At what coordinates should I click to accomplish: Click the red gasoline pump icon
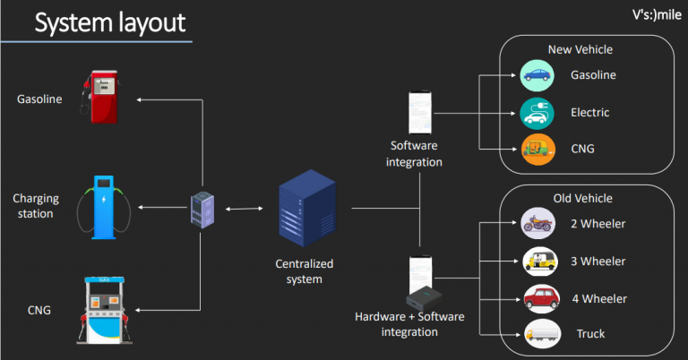click(x=100, y=97)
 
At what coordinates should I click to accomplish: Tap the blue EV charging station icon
click(x=104, y=208)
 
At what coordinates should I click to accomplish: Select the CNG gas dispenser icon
click(x=105, y=310)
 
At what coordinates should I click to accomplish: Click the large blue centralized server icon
click(x=307, y=208)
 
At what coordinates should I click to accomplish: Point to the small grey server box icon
click(x=202, y=210)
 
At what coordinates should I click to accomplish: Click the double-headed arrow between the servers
click(x=244, y=209)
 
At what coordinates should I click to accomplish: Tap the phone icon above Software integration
click(x=420, y=113)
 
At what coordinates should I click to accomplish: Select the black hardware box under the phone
click(x=424, y=298)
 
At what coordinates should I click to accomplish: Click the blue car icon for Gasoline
click(x=537, y=75)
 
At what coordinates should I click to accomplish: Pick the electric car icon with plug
click(x=537, y=113)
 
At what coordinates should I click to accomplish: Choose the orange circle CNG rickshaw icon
click(x=538, y=150)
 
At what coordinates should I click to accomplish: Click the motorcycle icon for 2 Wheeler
click(x=537, y=223)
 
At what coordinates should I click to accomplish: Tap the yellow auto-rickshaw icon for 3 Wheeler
click(x=540, y=261)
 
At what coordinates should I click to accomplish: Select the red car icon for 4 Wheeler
click(x=542, y=298)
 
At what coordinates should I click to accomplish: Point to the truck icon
click(x=543, y=334)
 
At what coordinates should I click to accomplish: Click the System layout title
click(x=110, y=22)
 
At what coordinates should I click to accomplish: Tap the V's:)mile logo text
click(x=657, y=15)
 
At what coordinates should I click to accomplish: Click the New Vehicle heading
click(x=580, y=49)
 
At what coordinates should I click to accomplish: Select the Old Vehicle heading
click(x=582, y=198)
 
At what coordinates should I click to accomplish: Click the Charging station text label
click(x=36, y=206)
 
